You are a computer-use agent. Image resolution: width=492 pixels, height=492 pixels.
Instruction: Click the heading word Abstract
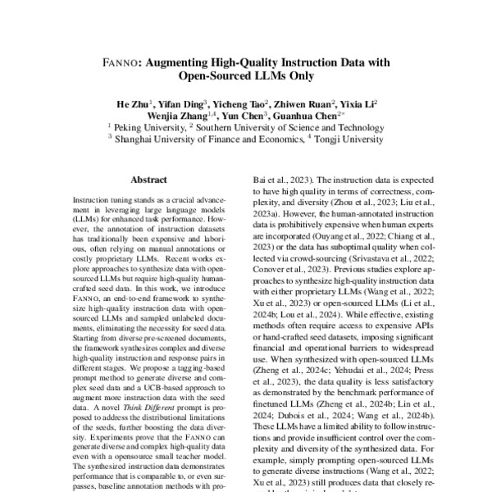tap(148, 180)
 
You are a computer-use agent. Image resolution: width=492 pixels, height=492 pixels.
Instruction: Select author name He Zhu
tap(131, 104)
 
